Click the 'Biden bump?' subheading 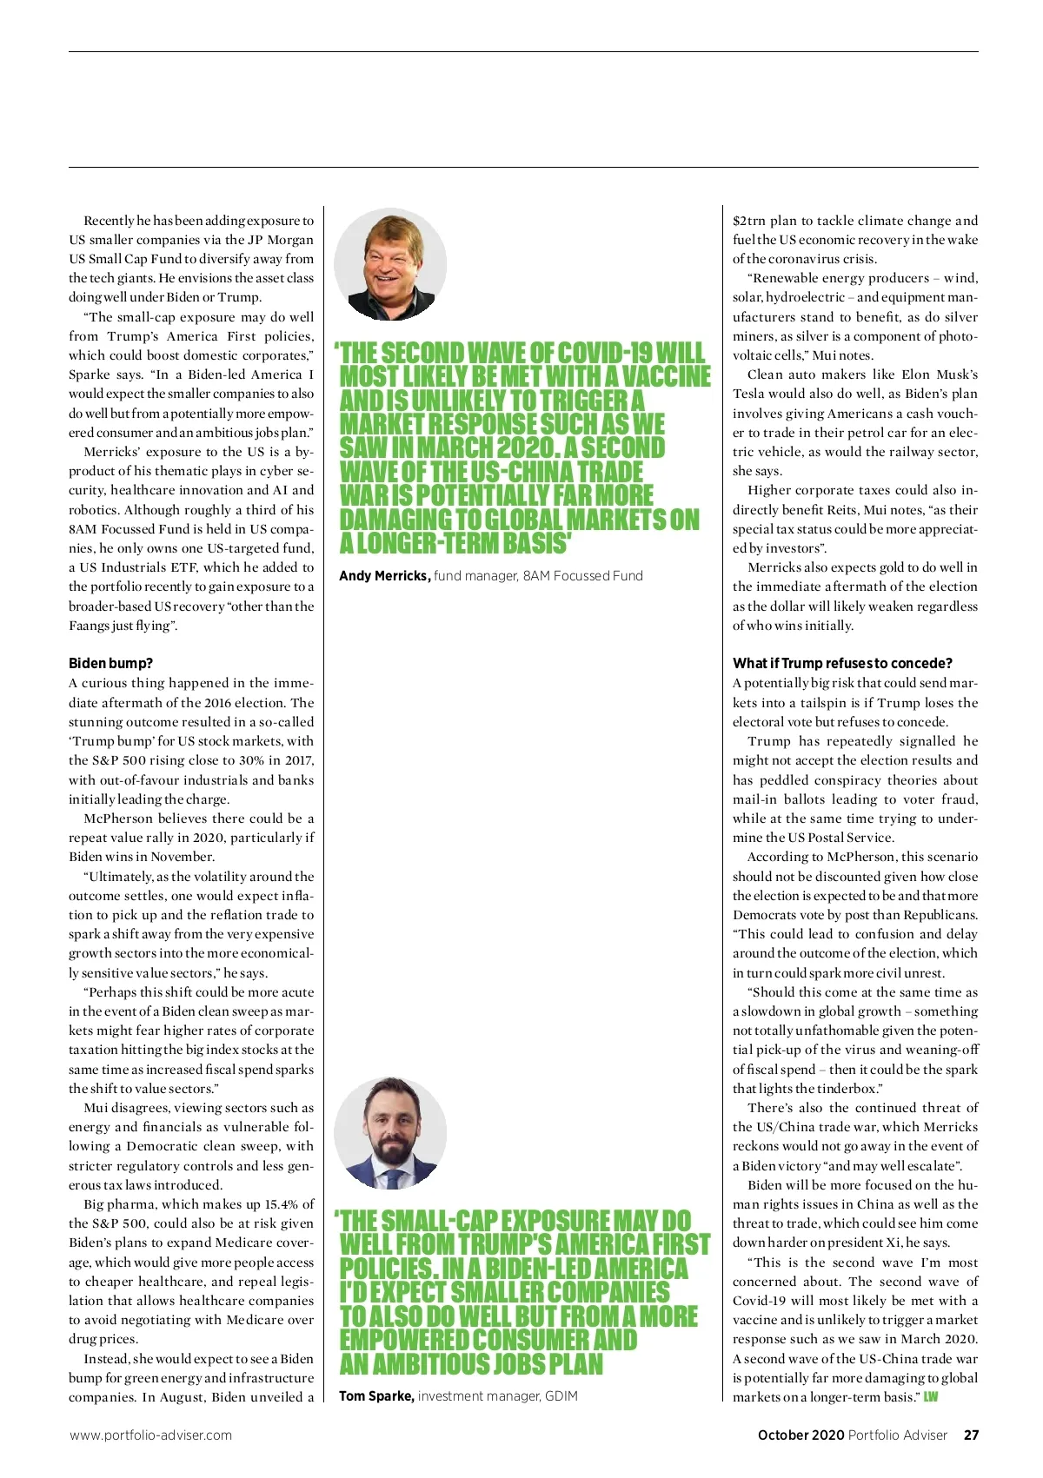tap(110, 663)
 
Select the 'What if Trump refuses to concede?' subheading tap(842, 663)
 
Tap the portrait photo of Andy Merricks tap(390, 264)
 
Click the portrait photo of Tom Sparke tap(390, 1133)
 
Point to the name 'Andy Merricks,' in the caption tap(384, 575)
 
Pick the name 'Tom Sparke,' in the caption tap(376, 1395)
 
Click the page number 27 tap(971, 1435)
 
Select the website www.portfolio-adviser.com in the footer tap(151, 1435)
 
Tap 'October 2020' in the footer tap(801, 1435)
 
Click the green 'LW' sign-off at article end tap(931, 1397)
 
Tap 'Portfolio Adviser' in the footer tap(898, 1435)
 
